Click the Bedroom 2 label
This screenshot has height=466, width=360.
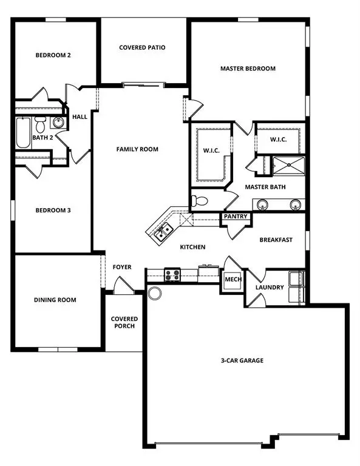tap(53, 55)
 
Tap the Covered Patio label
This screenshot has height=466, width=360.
tap(143, 47)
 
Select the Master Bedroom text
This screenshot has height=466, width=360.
tap(248, 69)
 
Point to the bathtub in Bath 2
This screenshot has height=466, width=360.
tap(22, 133)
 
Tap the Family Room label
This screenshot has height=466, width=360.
tap(137, 149)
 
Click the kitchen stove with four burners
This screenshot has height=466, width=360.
tap(172, 275)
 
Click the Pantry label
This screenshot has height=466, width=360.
tap(234, 216)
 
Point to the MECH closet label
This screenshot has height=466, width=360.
tap(233, 280)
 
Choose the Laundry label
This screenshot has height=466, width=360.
tap(270, 287)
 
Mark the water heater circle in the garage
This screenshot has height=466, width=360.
tap(155, 294)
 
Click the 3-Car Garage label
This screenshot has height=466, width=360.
tap(242, 360)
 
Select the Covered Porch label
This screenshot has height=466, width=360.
tap(124, 322)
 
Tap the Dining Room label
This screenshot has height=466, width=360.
tap(55, 300)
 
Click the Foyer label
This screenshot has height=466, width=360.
tap(122, 267)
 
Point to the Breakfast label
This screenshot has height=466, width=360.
tap(276, 240)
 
